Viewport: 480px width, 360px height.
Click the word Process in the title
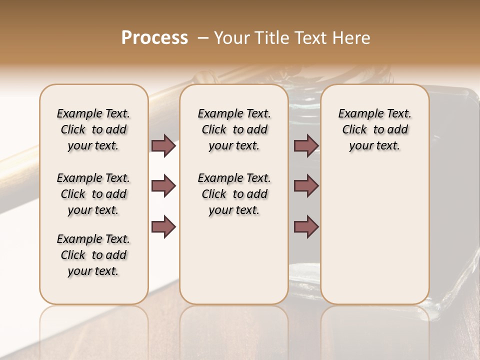click(x=154, y=38)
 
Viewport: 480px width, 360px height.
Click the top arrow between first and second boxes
click(x=163, y=145)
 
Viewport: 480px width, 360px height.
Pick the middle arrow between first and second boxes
click(x=163, y=186)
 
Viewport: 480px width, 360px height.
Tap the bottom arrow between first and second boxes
click(x=163, y=226)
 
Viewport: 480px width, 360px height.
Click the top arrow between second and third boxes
click(x=306, y=145)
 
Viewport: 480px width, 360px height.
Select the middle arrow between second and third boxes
click(x=306, y=186)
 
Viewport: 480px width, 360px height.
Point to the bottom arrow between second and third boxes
click(x=306, y=226)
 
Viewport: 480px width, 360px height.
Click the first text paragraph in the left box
click(x=93, y=129)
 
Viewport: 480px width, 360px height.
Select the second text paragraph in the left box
click(x=93, y=194)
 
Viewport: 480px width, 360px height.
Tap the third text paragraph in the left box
click(x=93, y=255)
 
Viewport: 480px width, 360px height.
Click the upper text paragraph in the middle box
click(x=234, y=129)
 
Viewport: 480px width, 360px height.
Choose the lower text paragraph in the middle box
click(x=234, y=194)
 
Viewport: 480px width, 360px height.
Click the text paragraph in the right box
click(x=374, y=129)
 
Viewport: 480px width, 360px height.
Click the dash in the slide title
click(x=203, y=38)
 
